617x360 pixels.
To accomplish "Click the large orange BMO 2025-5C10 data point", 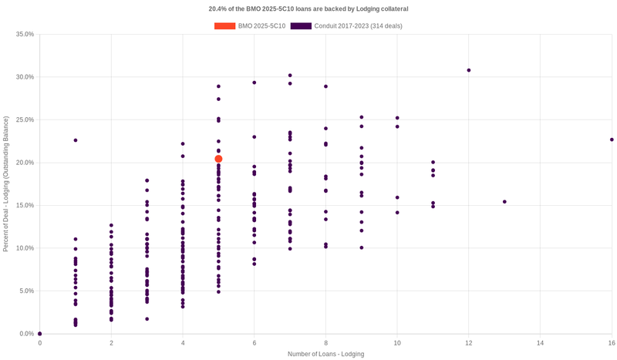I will pos(218,159).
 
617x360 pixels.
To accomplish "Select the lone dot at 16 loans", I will pos(612,140).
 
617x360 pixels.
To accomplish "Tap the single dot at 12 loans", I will pos(469,70).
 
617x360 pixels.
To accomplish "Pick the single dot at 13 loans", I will pos(504,202).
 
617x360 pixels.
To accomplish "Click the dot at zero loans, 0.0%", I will pos(40,334).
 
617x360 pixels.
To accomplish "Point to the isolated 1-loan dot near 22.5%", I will pos(76,140).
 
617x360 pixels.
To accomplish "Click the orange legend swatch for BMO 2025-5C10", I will pos(224,26).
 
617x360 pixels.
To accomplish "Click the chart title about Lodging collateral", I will pos(308,9).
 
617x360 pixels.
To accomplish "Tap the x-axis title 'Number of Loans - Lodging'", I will pos(325,354).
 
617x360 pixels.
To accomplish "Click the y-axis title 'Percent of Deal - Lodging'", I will pos(6,183).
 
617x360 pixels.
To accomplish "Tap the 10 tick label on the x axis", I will pos(397,342).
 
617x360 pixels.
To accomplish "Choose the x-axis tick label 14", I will pos(540,342).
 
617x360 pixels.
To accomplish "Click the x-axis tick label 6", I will pos(255,342).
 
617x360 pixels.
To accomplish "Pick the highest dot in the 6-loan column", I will pos(255,82).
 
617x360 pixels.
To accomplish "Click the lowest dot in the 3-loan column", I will pos(147,319).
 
